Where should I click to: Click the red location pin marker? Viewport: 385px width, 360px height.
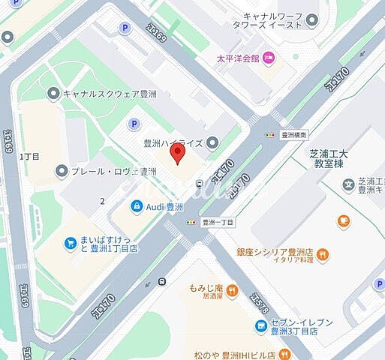tap(178, 154)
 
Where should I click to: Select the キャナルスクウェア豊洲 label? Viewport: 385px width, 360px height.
tap(110, 94)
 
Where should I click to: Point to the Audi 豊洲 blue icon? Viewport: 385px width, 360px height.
tap(137, 206)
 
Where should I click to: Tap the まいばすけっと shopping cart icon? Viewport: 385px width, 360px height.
tap(68, 243)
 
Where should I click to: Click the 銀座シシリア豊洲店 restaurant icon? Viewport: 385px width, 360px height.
tap(323, 255)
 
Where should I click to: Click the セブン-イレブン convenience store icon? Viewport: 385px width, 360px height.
tap(260, 325)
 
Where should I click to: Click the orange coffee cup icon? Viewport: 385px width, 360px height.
tap(344, 220)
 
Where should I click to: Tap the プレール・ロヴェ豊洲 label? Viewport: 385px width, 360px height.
tap(113, 172)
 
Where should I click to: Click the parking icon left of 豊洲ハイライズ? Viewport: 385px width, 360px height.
tap(134, 124)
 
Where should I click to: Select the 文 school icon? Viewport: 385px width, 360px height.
tap(348, 184)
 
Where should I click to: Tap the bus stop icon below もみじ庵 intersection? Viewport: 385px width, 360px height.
tap(162, 282)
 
